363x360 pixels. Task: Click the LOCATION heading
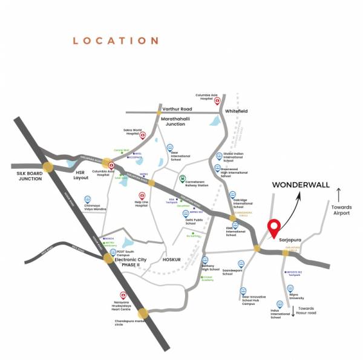click(116, 41)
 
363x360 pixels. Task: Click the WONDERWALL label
click(300, 185)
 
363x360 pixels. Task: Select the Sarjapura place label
click(292, 240)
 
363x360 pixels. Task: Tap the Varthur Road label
click(180, 109)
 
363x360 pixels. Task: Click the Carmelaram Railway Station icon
click(183, 179)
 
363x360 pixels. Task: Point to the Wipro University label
click(296, 296)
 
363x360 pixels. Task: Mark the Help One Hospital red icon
click(142, 195)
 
